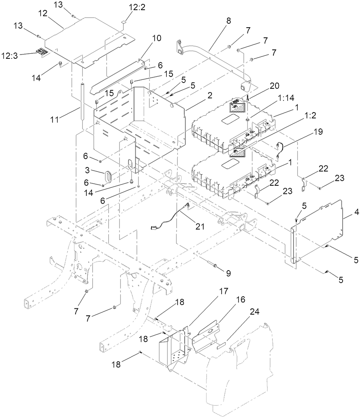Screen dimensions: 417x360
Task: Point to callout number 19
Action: (318, 132)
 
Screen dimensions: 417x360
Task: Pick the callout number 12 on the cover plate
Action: (43, 13)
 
